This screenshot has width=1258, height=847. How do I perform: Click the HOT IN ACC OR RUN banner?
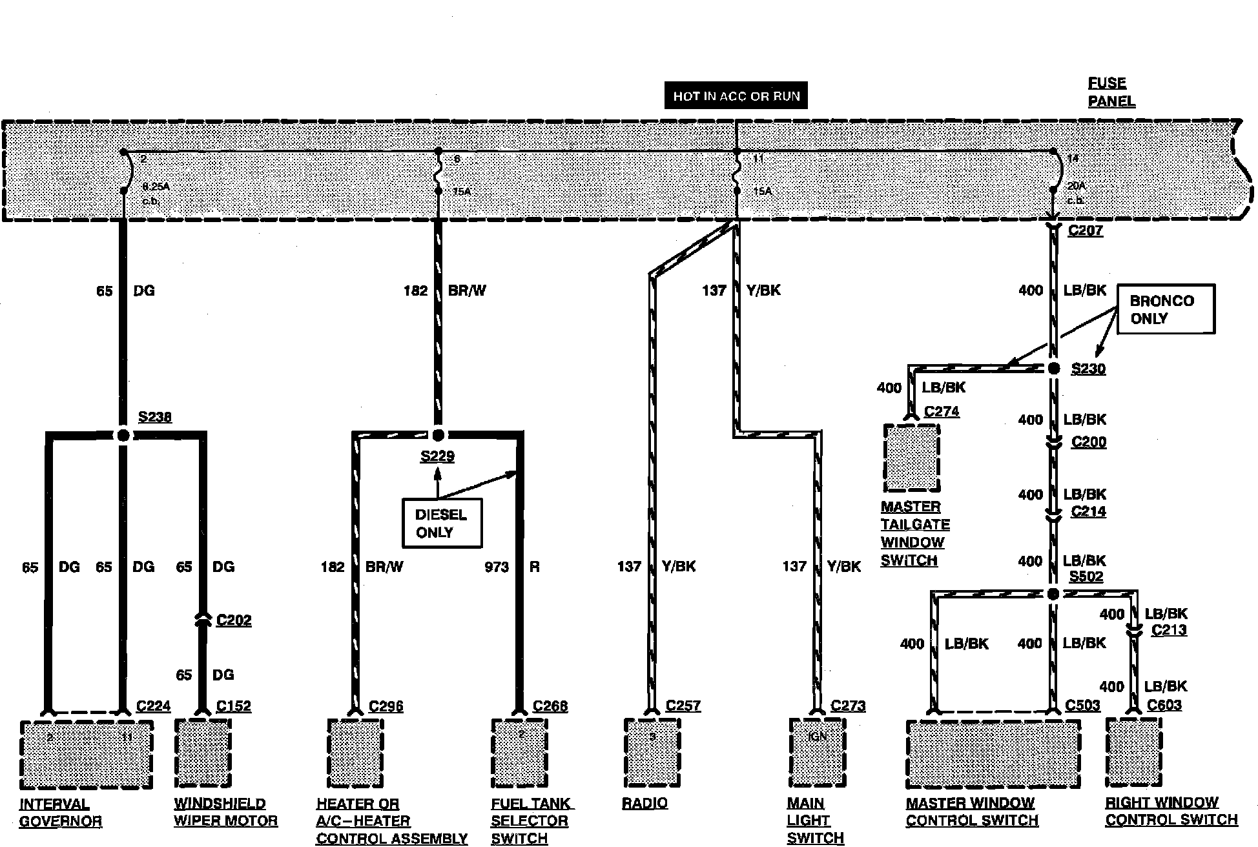[x=736, y=96]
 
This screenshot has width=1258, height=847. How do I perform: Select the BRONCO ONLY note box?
[x=1166, y=309]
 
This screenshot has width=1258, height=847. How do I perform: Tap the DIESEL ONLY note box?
[x=442, y=523]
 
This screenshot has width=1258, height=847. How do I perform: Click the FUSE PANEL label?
[x=1111, y=92]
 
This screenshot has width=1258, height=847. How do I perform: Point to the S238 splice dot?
[x=123, y=435]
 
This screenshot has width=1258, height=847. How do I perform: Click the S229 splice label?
[x=437, y=456]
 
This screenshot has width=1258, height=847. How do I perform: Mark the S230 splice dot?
[x=1053, y=369]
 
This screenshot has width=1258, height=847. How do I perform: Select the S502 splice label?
[x=1086, y=577]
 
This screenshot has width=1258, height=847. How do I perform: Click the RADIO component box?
[x=652, y=753]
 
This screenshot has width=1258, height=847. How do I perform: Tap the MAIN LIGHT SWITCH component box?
[x=817, y=753]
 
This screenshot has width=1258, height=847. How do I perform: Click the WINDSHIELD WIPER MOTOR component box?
[x=203, y=753]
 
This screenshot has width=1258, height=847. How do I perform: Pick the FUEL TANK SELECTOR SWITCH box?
[x=519, y=753]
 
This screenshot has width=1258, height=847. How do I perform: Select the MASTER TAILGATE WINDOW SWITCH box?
[x=911, y=458]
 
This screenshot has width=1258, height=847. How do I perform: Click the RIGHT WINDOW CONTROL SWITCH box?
[x=1133, y=753]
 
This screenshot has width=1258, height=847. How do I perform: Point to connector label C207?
[x=1086, y=230]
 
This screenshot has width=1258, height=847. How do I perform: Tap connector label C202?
[x=234, y=620]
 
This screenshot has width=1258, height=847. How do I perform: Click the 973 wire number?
[x=497, y=567]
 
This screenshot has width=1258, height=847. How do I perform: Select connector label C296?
[x=386, y=706]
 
